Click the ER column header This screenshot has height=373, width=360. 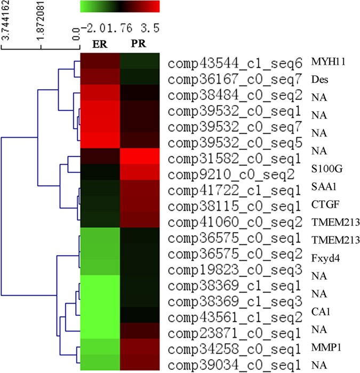(99, 44)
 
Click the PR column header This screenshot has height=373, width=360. (139, 44)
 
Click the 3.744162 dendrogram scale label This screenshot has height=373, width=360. (6, 24)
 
